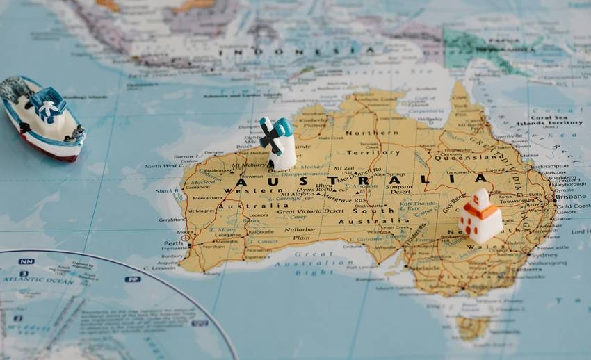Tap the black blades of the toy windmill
pyautogui.click(x=270, y=136)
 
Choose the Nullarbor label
pyautogui.click(x=300, y=229)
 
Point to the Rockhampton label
pyautogui.click(x=551, y=167)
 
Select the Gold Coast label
pyautogui.click(x=573, y=206)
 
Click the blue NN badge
pyautogui.click(x=26, y=261)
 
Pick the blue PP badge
pyautogui.click(x=133, y=279)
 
